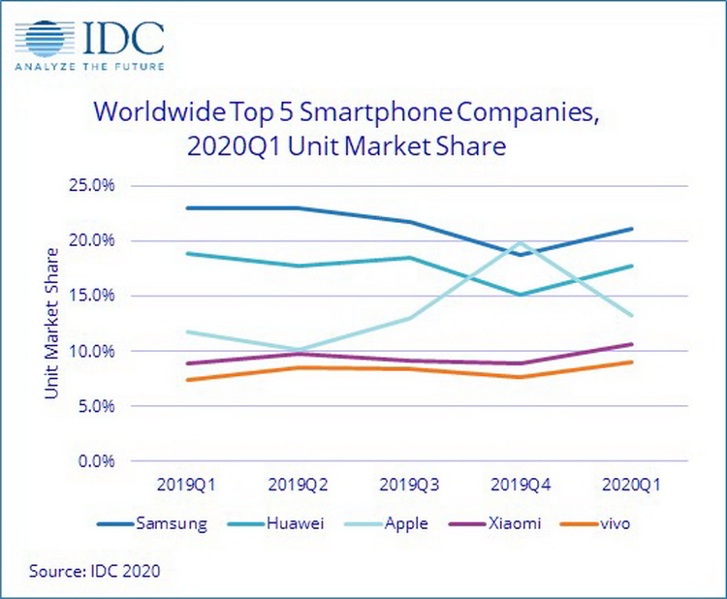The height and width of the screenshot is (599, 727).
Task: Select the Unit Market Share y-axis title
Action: pos(51,324)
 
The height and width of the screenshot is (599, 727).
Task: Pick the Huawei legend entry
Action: pos(290,524)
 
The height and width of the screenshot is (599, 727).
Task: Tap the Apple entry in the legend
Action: pos(405,524)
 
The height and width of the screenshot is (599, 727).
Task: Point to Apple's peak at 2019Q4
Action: pos(522,242)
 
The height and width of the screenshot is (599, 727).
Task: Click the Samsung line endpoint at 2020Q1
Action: pos(632,229)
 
